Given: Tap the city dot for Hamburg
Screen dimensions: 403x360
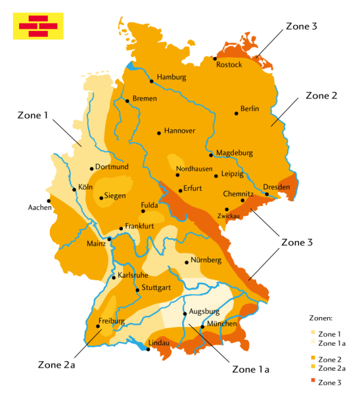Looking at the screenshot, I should (152, 81).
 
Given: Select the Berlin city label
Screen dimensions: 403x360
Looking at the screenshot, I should (250, 108).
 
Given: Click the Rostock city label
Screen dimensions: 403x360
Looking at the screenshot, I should (229, 64).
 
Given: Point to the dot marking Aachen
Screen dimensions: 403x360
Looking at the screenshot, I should (48, 201).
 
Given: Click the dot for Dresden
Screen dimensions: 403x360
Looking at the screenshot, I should (267, 194).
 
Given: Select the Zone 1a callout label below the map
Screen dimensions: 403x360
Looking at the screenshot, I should (251, 370).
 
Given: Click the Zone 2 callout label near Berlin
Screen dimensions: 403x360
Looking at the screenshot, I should (321, 95).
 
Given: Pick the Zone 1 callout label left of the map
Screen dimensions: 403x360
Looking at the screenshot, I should (33, 115).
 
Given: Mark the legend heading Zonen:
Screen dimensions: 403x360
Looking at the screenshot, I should (321, 318).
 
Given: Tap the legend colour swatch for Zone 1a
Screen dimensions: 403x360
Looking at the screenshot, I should (313, 343).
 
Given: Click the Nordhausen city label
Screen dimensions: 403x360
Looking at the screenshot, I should (194, 169).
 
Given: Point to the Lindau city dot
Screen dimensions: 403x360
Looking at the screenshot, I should (148, 349).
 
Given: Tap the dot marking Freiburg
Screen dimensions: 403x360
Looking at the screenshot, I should (101, 328).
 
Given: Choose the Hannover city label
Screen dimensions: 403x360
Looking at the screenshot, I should (179, 131).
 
